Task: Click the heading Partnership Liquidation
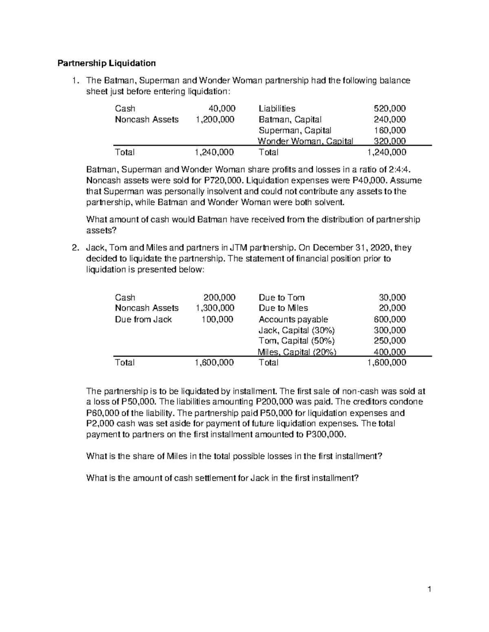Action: (106, 63)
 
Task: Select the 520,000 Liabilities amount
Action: (390, 109)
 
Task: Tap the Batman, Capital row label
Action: (290, 120)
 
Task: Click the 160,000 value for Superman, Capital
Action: (390, 131)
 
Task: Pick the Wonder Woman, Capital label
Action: (305, 141)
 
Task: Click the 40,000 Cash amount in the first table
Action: (222, 109)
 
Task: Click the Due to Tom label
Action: (282, 297)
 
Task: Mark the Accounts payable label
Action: (293, 319)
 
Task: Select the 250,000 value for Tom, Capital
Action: (390, 341)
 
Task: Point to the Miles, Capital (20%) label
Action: (297, 352)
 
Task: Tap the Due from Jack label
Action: (143, 319)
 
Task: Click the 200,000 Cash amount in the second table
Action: (219, 297)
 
